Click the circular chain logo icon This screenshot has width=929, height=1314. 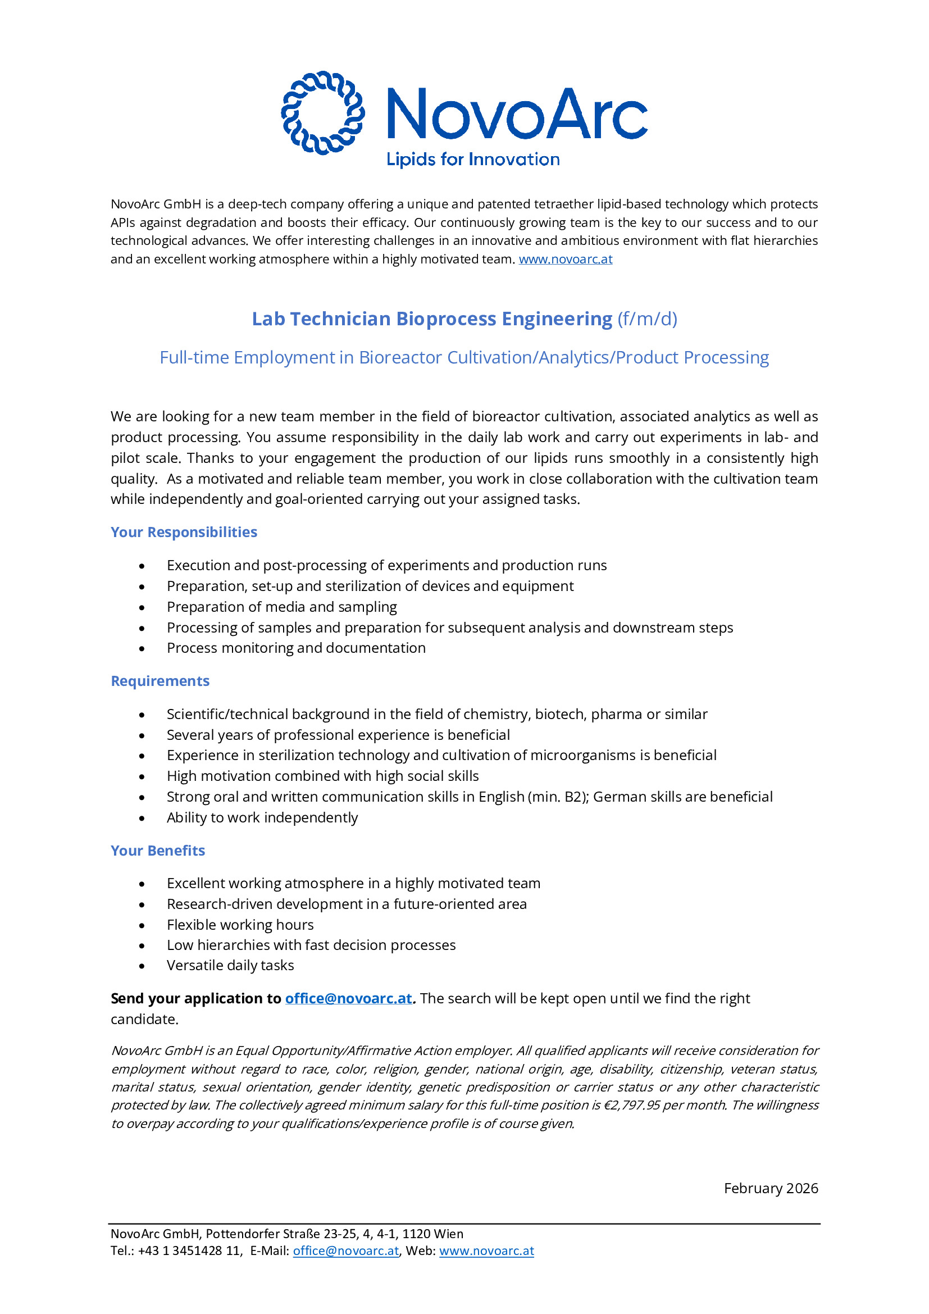pos(322,113)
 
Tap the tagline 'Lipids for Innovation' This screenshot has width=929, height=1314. pos(473,159)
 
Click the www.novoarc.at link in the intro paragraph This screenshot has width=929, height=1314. pos(565,259)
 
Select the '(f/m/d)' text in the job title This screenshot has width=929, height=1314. pos(647,319)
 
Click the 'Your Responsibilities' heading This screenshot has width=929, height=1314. pos(184,532)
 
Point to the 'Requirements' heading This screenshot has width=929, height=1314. pos(160,681)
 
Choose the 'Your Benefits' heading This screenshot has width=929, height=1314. pos(158,851)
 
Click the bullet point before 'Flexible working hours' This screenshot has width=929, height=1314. pos(142,925)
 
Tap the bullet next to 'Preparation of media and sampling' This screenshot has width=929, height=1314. pos(142,607)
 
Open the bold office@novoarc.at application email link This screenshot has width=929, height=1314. pos(348,999)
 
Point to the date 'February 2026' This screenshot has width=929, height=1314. pos(771,1189)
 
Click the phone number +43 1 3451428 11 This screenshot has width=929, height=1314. pos(189,1251)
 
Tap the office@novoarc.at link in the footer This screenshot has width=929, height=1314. pos(345,1251)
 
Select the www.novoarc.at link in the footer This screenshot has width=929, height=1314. pos(486,1251)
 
